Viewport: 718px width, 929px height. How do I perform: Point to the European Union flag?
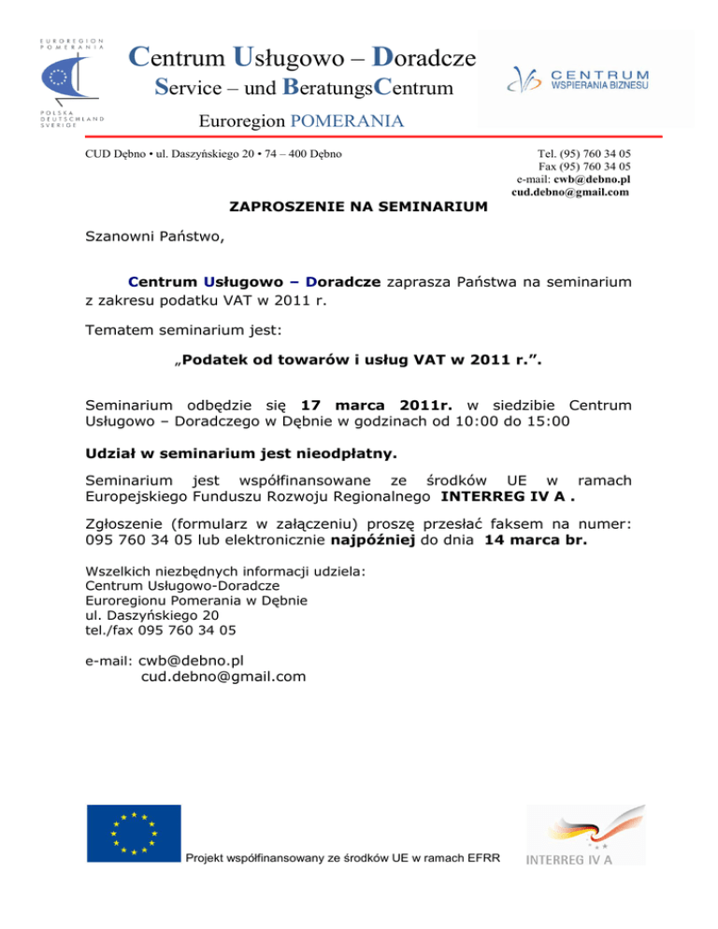pyautogui.click(x=134, y=833)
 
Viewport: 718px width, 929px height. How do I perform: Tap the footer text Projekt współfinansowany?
pyautogui.click(x=343, y=857)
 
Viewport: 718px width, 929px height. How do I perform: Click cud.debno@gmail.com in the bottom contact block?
pyautogui.click(x=223, y=676)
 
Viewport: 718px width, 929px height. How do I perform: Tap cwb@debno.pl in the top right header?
pyautogui.click(x=592, y=179)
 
